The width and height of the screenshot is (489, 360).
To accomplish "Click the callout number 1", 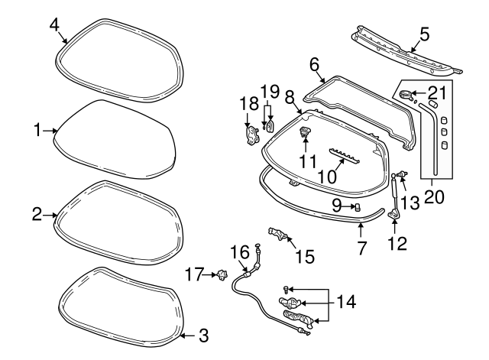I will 37,131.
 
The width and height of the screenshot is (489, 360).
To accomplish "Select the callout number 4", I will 54,24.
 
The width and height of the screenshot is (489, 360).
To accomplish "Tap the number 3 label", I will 202,334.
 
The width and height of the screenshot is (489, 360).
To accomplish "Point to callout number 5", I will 425,34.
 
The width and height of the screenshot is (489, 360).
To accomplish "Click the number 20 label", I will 433,198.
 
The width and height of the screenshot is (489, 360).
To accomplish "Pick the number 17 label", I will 194,274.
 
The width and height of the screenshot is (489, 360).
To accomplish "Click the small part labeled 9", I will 356,207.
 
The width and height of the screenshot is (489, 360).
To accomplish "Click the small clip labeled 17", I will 223,273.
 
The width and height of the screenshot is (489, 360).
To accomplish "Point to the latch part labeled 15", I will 279,234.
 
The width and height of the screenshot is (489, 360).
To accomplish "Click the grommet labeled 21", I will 405,95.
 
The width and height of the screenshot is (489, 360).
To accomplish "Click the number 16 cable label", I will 241,251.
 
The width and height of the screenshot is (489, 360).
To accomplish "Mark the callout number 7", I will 362,248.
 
